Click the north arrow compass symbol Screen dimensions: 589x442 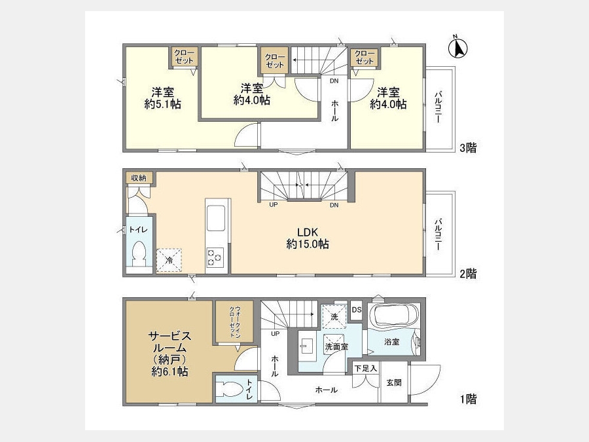click(x=457, y=48)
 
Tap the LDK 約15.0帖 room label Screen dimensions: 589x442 click(x=308, y=238)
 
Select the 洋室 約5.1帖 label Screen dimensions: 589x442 click(x=163, y=98)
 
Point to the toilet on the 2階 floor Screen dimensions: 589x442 click(x=139, y=253)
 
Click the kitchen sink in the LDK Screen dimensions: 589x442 click(x=216, y=218)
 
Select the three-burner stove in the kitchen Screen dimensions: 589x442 click(x=215, y=257)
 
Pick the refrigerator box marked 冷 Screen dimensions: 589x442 click(x=169, y=260)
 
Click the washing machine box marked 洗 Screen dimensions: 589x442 click(x=334, y=317)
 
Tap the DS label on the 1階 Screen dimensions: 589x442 click(x=357, y=310)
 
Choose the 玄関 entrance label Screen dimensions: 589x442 click(x=394, y=382)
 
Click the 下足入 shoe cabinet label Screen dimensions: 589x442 click(x=365, y=368)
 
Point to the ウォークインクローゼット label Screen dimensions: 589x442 click(x=235, y=322)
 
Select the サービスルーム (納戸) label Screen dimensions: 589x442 click(x=170, y=354)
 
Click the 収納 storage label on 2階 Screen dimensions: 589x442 click(x=139, y=177)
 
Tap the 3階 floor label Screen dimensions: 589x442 click(x=468, y=148)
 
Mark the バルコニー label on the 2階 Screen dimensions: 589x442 click(x=438, y=234)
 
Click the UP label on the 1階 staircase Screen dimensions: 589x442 click(x=275, y=333)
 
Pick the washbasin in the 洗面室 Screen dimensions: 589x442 click(x=307, y=346)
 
